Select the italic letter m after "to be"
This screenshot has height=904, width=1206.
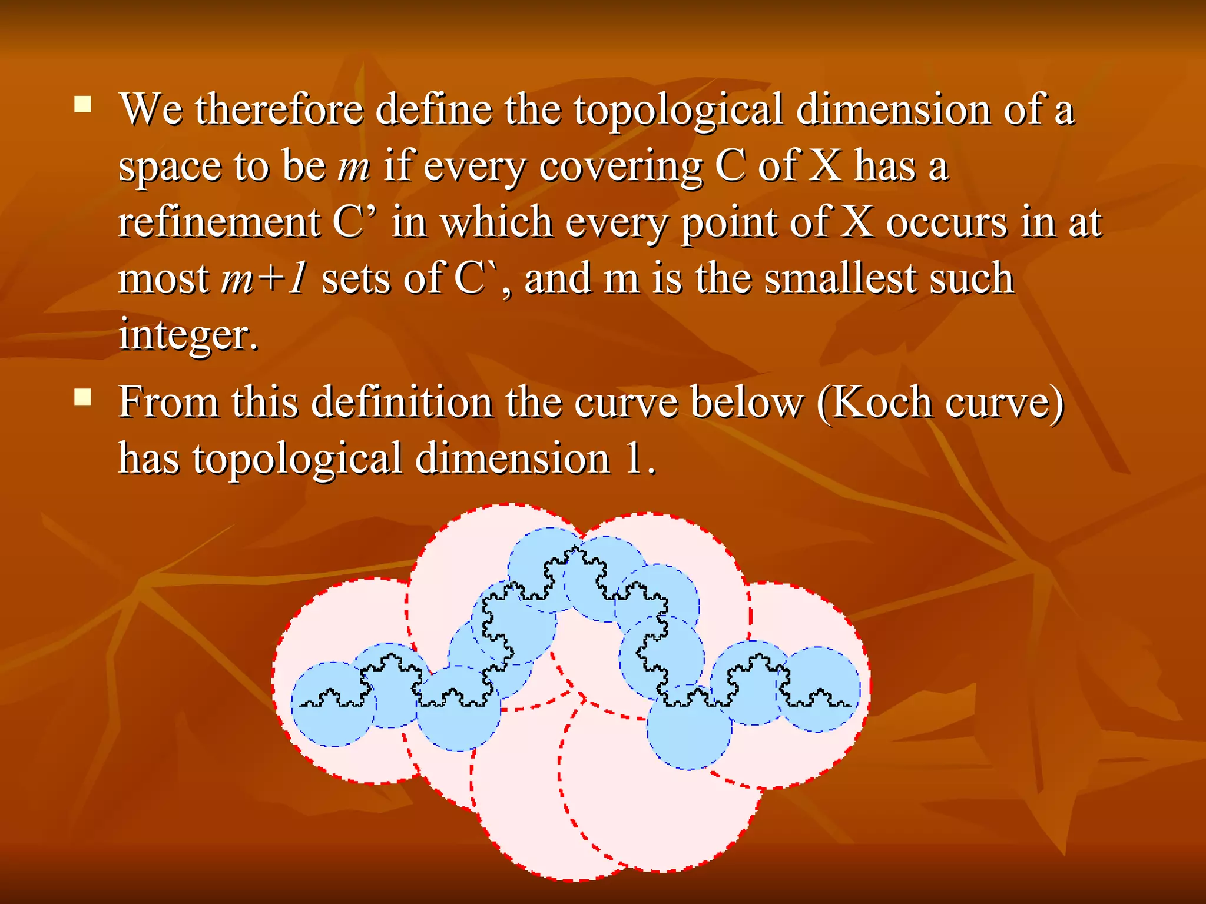(354, 167)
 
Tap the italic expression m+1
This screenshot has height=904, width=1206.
(263, 278)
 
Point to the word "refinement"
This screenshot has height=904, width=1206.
(219, 222)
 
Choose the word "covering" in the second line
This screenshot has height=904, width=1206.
(621, 167)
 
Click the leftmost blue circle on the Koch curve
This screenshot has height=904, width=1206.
(333, 704)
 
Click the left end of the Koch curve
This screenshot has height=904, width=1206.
(300, 704)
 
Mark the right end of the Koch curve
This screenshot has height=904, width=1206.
(850, 704)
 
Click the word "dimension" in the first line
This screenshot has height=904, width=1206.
(893, 110)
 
